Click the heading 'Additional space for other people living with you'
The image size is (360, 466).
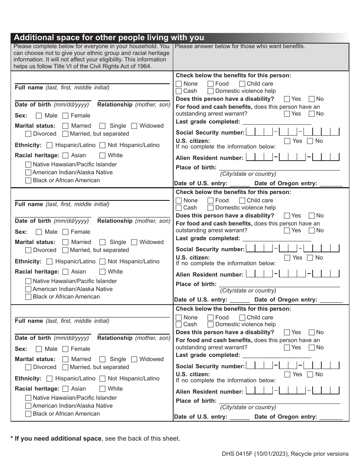tap(109, 38)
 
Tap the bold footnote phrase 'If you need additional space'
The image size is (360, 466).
tap(58, 439)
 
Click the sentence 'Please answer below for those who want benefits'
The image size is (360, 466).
tap(239, 46)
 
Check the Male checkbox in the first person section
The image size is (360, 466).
tap(39, 116)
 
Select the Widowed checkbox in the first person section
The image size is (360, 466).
tap(134, 126)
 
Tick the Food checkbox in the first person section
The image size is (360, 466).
tap(210, 84)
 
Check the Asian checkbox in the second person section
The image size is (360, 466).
tap(66, 272)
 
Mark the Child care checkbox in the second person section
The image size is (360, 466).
tap(242, 200)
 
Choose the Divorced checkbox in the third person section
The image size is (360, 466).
tap(28, 367)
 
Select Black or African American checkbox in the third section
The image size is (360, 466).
tap(28, 414)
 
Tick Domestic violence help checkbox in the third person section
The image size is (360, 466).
tap(210, 324)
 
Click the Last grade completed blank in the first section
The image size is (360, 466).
tap(277, 122)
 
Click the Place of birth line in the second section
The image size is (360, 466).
tap(279, 284)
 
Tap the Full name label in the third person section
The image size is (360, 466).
tap(29, 321)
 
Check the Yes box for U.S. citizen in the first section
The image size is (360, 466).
tap(287, 141)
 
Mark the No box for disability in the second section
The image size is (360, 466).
tap(311, 216)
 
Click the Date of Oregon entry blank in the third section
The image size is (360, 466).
tap(331, 417)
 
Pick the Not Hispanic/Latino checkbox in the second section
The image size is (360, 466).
tap(102, 261)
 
